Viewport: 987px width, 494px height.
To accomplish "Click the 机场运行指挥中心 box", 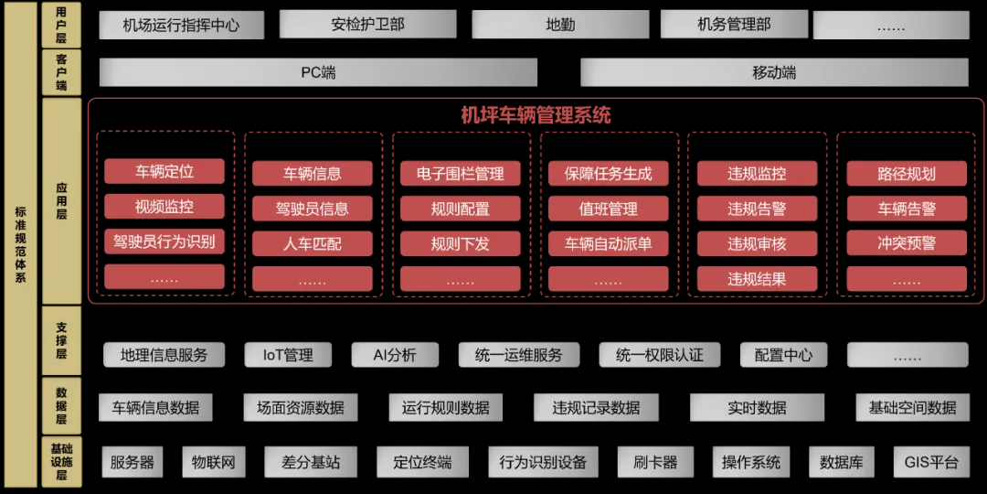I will click(x=181, y=26).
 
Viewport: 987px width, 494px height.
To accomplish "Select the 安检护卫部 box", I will click(x=367, y=26).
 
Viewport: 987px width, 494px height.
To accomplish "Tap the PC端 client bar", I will click(x=318, y=72).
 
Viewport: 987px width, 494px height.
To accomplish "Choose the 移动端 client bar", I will click(x=774, y=72).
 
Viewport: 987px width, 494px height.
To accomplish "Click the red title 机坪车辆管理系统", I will click(x=536, y=115).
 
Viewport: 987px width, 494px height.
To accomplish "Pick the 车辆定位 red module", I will click(x=164, y=171).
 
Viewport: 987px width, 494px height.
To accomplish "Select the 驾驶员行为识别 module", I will click(x=164, y=242).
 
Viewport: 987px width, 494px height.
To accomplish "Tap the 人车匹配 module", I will click(x=313, y=244).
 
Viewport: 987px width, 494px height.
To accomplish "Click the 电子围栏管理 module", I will click(x=461, y=173).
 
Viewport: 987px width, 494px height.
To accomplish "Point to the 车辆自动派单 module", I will click(x=609, y=244).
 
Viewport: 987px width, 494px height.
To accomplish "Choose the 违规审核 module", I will click(x=757, y=244).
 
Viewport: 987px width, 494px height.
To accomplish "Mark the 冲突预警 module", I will click(x=907, y=244).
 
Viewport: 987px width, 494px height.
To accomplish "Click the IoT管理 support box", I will click(x=288, y=355).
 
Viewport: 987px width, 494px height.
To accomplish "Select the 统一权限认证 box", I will click(x=660, y=355).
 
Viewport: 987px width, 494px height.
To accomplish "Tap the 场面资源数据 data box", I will click(x=301, y=408).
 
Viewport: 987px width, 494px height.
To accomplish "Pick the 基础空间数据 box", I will click(x=912, y=408).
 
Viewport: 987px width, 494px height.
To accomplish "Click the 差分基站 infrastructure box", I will click(x=311, y=462).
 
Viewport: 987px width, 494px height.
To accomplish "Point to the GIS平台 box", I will click(x=931, y=462).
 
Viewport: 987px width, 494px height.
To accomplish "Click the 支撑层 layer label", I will click(x=61, y=339).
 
